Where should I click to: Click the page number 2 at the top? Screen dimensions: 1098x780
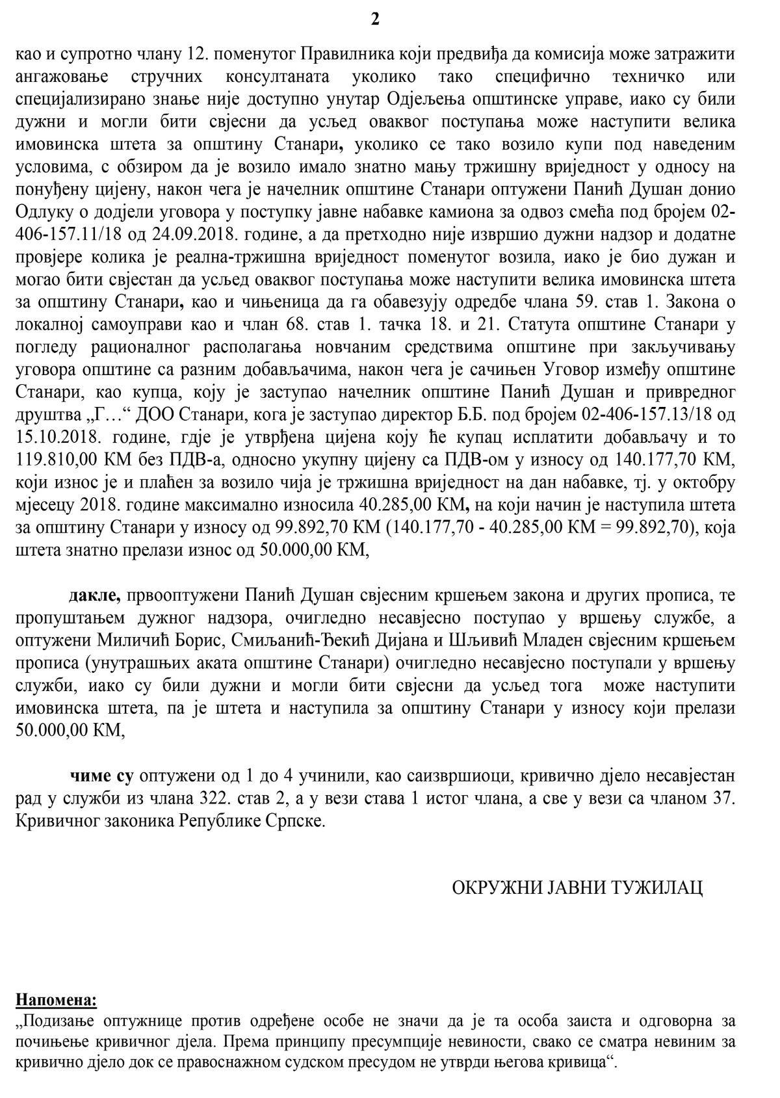click(375, 20)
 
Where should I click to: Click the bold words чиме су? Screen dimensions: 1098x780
click(101, 776)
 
